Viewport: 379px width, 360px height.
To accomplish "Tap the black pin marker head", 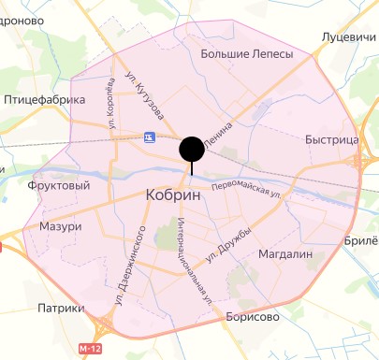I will (192, 150).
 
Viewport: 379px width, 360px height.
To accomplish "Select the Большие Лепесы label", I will (247, 54).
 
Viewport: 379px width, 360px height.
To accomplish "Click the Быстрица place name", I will (332, 140).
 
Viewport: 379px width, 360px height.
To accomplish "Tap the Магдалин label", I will (284, 254).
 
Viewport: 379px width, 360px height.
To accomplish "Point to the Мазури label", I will (61, 227).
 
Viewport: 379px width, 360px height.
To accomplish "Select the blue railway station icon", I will (150, 137).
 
